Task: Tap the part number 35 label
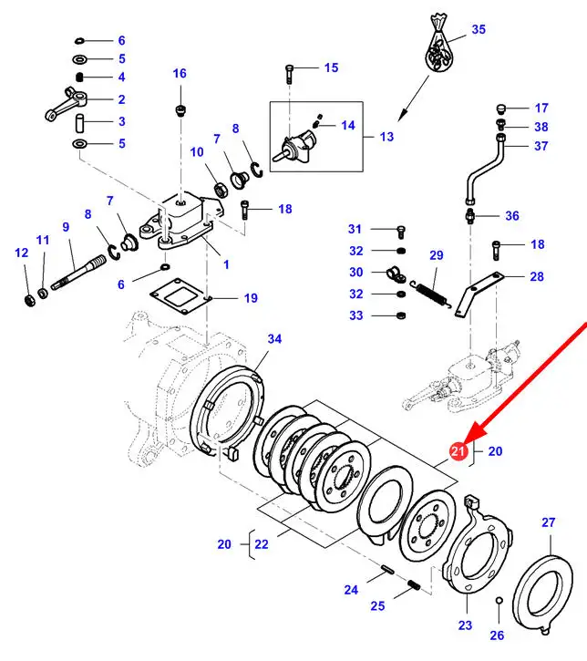[479, 29]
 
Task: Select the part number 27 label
[548, 522]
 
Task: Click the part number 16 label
[179, 74]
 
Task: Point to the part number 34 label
[274, 339]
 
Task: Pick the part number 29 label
[436, 255]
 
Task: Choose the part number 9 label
[66, 226]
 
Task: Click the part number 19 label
[250, 298]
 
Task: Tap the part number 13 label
[386, 137]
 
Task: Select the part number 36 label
[511, 216]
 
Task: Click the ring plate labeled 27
[536, 588]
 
